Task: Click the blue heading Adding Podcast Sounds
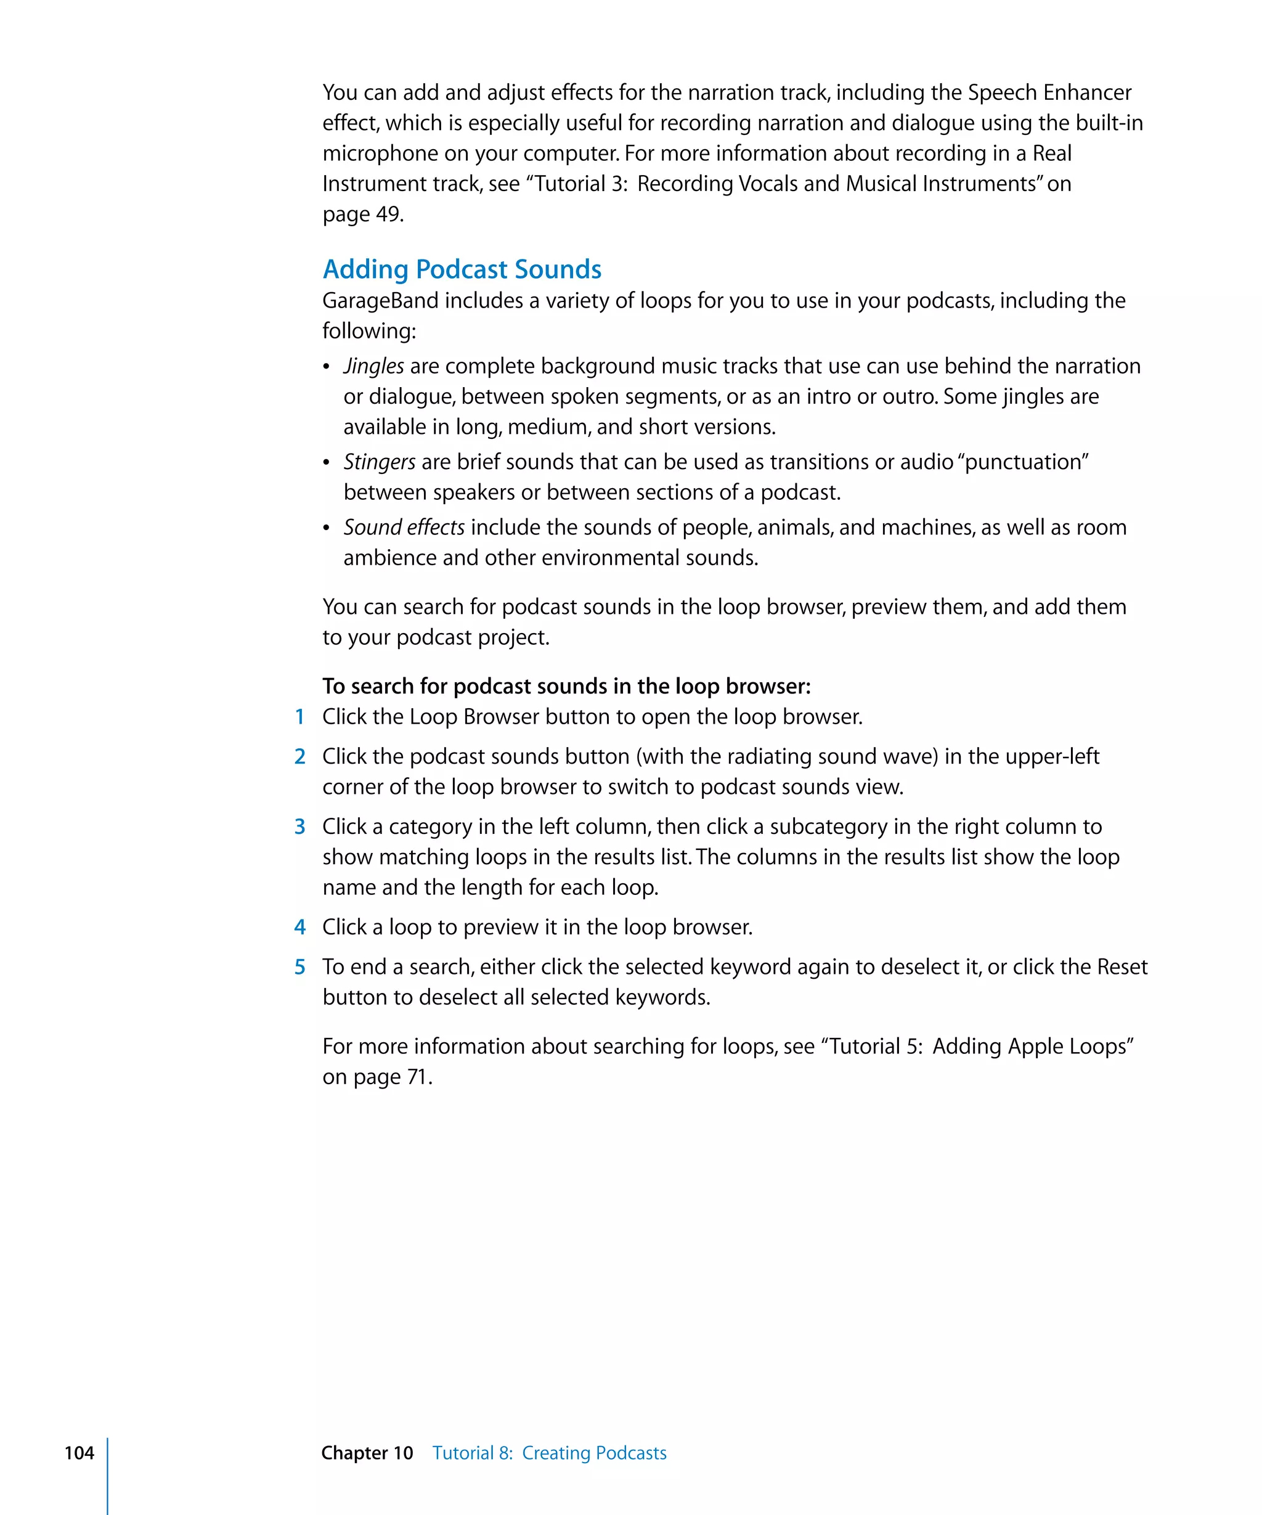click(x=462, y=269)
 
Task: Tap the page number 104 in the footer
click(x=79, y=1452)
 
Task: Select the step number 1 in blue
click(x=300, y=716)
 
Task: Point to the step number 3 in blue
click(x=300, y=826)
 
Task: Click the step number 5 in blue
click(x=300, y=966)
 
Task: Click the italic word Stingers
click(x=380, y=462)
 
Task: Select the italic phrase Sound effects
click(x=404, y=528)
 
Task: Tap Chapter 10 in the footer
click(x=367, y=1452)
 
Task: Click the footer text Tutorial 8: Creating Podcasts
click(x=550, y=1452)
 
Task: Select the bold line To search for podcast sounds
click(x=566, y=686)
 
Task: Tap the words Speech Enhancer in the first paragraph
click(x=1049, y=92)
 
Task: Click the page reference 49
click(x=388, y=214)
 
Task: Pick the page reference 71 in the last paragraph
click(x=417, y=1077)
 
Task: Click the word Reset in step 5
click(x=1122, y=966)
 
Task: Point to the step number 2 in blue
click(x=300, y=756)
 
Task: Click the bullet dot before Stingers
click(x=326, y=462)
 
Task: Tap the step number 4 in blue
click(x=300, y=927)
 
